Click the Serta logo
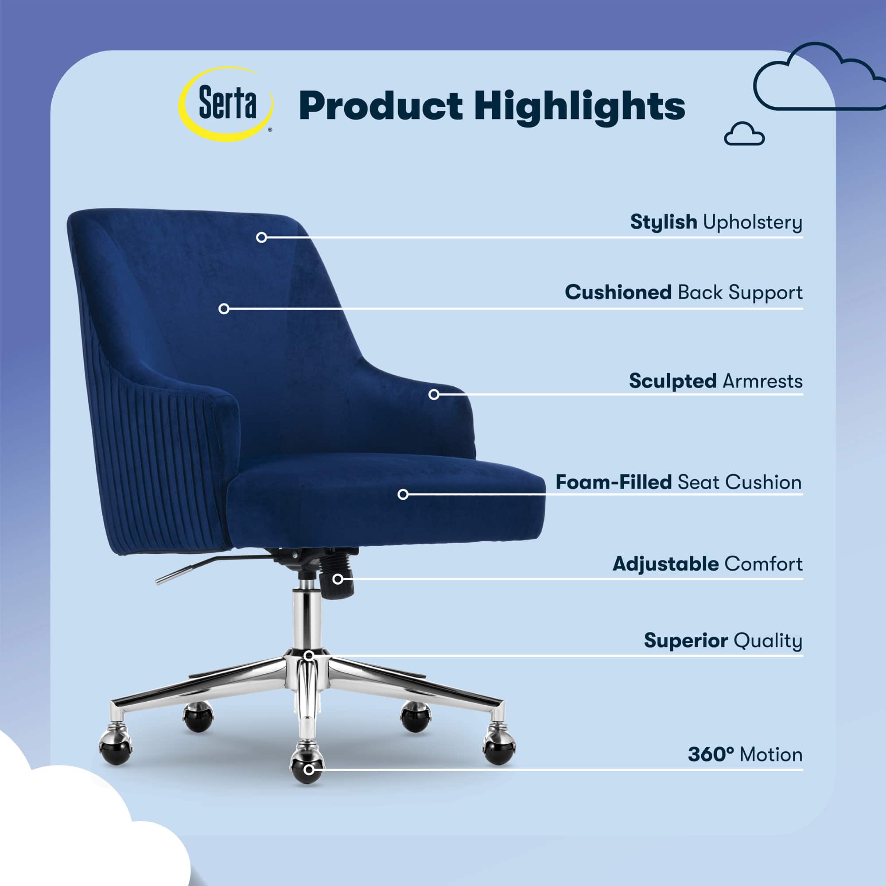coord(225,104)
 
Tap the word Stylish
coord(664,222)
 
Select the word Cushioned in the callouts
coord(618,292)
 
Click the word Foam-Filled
coord(614,482)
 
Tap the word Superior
coord(686,641)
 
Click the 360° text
coord(711,754)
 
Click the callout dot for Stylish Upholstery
coord(261,237)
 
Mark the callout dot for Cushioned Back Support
coord(224,309)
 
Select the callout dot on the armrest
coord(434,394)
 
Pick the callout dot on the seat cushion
coord(403,494)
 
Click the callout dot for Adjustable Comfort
coord(338,579)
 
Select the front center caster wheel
coord(307,768)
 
